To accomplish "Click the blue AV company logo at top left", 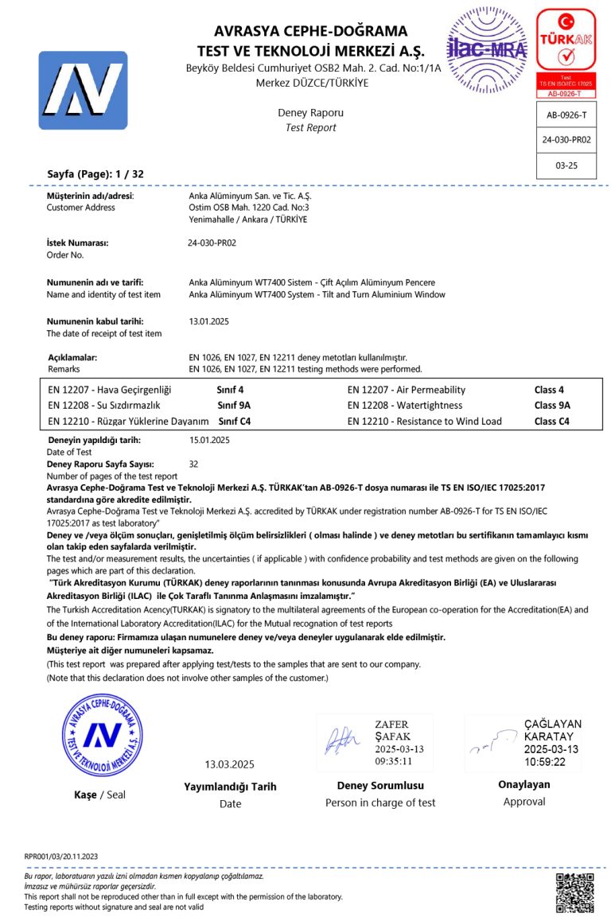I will pos(83,90).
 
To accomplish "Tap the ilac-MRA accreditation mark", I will pos(487,50).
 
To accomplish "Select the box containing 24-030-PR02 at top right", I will pos(566,139).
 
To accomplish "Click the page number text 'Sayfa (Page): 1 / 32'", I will pos(95,173).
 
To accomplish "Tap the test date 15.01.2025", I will pos(209,439).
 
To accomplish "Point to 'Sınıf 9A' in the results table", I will pos(234,405).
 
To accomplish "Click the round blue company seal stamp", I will pos(103,735).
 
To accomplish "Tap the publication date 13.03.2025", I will pos(229,764).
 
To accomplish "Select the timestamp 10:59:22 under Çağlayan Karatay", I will pos(544,761).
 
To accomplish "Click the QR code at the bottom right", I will pos(574,892).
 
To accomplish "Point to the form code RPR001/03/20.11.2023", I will pos(61,856).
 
